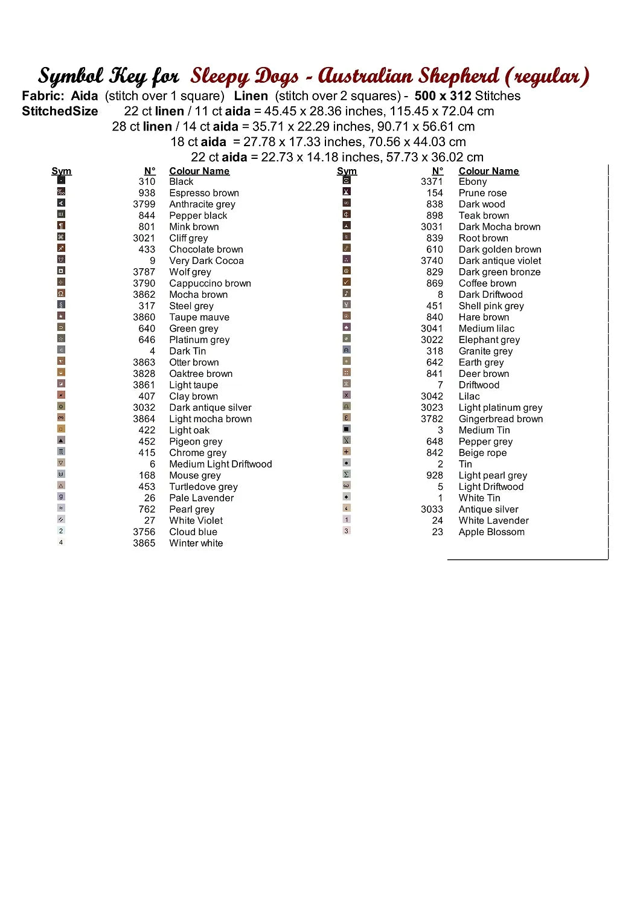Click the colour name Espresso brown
coord(204,193)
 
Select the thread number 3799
coord(144,204)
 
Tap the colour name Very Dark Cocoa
coord(206,261)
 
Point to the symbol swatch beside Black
coord(61,180)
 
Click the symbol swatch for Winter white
coord(61,542)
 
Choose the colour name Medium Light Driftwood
coord(220,464)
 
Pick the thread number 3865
coord(144,544)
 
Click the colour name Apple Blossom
coord(491,532)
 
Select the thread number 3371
coord(432,182)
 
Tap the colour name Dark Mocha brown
coord(499,227)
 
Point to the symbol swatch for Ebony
coord(347,180)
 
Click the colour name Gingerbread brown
coord(501,419)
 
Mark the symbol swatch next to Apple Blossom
coord(347,531)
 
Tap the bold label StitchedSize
coord(60,111)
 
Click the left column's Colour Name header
coord(199,171)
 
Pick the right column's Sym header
coord(347,171)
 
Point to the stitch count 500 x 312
coord(443,96)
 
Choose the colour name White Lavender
coord(493,521)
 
